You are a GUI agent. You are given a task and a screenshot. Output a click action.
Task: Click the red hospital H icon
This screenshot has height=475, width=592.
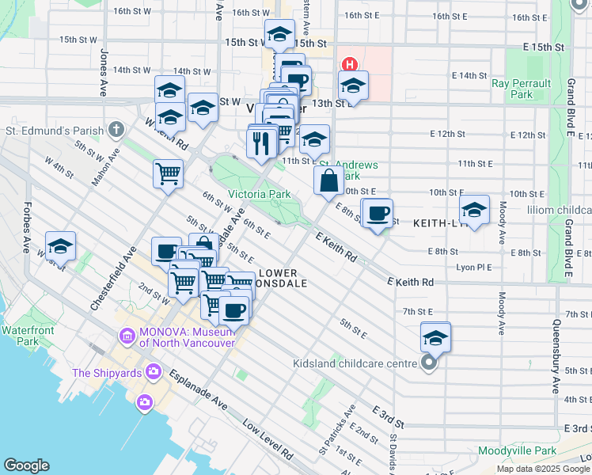[347, 63]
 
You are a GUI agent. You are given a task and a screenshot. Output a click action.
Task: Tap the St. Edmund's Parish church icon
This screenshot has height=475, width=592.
[117, 129]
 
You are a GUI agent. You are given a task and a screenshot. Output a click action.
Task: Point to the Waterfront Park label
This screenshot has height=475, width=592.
[20, 335]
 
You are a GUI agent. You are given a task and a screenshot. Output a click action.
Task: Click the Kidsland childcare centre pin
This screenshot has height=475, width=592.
[429, 363]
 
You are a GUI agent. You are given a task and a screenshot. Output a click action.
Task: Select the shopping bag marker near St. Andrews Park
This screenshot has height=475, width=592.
[328, 180]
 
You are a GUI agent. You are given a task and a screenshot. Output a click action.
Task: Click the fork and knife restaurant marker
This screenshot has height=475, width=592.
[262, 142]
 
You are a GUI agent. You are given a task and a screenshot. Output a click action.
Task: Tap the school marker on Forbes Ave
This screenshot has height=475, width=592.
[59, 247]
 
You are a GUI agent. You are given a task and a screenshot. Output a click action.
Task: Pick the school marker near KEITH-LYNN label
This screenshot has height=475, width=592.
[474, 210]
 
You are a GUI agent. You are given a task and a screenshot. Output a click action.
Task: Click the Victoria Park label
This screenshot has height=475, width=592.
[259, 194]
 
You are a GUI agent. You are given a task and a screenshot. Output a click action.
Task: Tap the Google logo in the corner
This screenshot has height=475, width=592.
[27, 465]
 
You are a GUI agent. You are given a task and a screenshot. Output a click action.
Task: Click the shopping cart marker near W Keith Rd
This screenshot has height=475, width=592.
[168, 173]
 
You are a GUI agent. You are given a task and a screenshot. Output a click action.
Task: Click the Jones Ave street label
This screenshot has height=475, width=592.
[104, 73]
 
